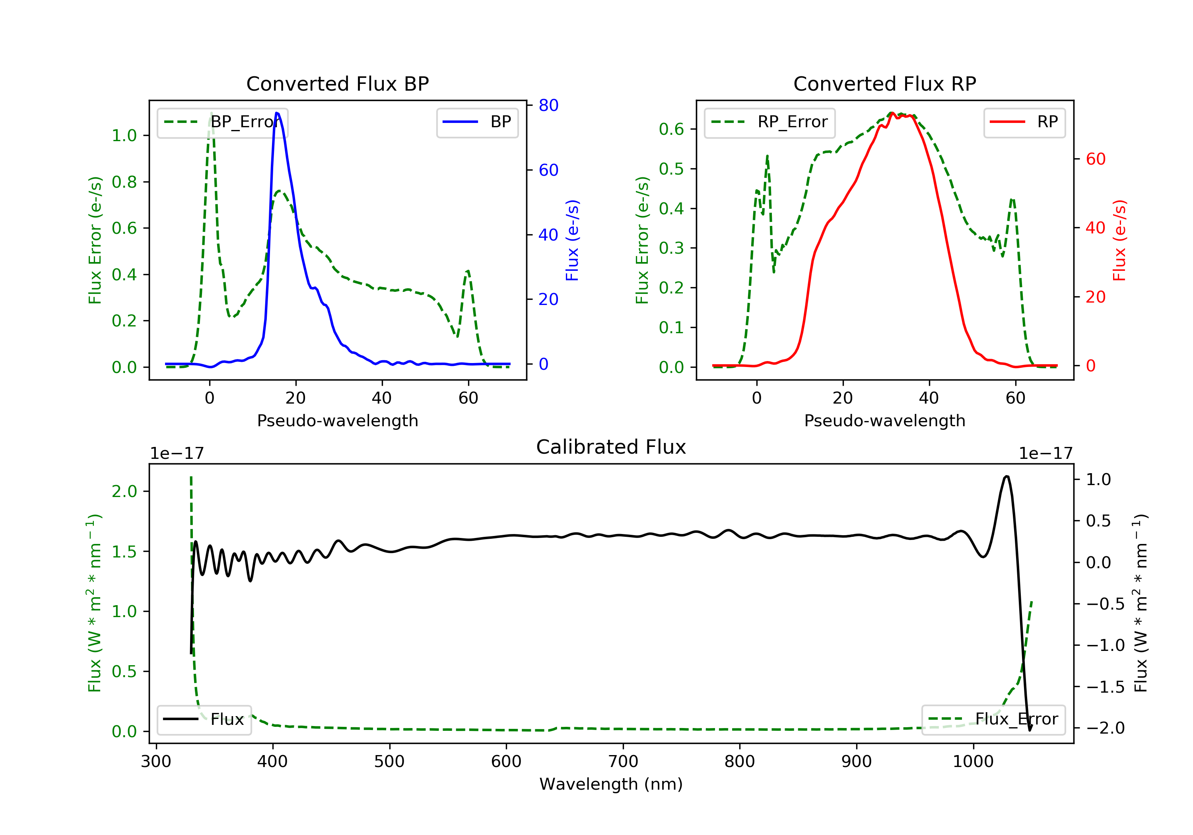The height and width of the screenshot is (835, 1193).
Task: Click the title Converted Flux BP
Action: click(x=337, y=83)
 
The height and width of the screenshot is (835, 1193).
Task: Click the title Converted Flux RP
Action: click(x=884, y=83)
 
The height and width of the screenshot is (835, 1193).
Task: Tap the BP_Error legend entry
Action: click(x=222, y=122)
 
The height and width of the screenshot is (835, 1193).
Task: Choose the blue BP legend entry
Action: click(x=477, y=122)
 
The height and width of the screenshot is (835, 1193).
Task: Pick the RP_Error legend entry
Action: click(x=769, y=122)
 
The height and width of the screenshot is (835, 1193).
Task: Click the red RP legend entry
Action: click(x=1024, y=122)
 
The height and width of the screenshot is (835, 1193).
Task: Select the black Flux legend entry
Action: click(x=204, y=719)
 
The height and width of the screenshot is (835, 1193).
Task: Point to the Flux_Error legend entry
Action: click(x=993, y=719)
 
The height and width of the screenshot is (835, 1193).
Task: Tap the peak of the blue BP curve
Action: click(x=277, y=113)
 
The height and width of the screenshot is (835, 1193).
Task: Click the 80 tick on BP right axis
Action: click(x=548, y=105)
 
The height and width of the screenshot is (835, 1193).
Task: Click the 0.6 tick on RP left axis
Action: click(x=671, y=129)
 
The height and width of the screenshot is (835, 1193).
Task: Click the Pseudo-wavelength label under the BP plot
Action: click(x=337, y=420)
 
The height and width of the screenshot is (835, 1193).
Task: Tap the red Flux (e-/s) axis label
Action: click(x=1119, y=240)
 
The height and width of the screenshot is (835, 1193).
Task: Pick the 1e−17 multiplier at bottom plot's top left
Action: click(x=177, y=454)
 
